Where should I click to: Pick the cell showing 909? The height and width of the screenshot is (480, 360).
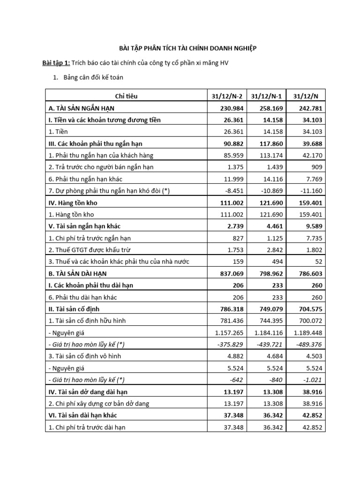(315, 167)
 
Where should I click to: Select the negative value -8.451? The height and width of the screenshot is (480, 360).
(233, 191)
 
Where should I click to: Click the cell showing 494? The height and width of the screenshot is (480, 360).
(276, 262)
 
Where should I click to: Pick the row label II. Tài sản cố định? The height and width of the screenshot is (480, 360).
(74, 309)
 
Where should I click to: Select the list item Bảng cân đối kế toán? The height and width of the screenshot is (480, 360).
(93, 77)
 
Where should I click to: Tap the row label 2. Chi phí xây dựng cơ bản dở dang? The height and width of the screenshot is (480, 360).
(106, 403)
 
